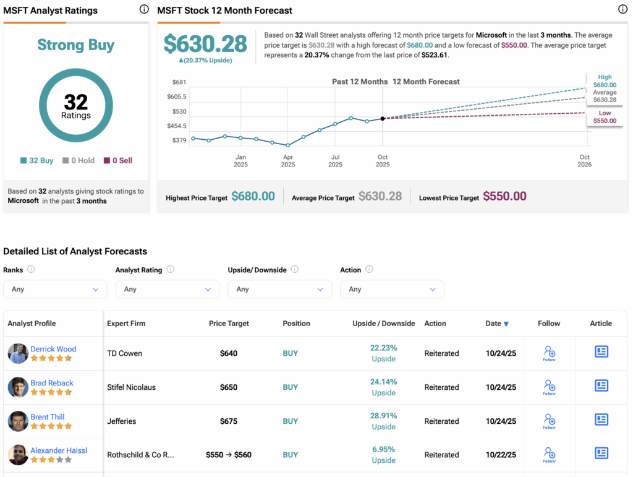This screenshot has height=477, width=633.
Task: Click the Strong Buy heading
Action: point(75,45)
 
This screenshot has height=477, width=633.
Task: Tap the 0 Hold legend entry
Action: point(79,160)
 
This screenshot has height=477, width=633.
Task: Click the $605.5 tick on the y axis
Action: point(177,97)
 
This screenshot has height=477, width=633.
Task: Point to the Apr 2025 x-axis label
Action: point(288,161)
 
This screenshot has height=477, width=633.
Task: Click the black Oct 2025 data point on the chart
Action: point(383,118)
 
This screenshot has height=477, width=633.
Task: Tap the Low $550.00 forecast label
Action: point(605,117)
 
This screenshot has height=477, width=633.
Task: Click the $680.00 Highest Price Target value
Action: point(253,197)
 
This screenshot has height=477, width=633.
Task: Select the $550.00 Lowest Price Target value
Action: point(504,197)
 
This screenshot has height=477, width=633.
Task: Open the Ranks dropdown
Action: point(55,289)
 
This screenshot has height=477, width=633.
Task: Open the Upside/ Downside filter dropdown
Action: point(279,289)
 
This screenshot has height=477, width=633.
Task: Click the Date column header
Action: point(497,324)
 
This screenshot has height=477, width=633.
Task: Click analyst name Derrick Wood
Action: point(54,349)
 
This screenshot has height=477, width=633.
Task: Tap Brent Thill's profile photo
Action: point(18,421)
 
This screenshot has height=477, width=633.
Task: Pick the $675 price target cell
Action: point(229,421)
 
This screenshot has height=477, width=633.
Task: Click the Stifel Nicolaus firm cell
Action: point(131,387)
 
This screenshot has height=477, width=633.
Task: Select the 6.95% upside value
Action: point(383,450)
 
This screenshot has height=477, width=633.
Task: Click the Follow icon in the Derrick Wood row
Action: point(549,353)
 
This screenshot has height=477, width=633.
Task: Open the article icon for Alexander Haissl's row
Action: point(601,453)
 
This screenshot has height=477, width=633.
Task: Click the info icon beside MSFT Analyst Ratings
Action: point(144,9)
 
